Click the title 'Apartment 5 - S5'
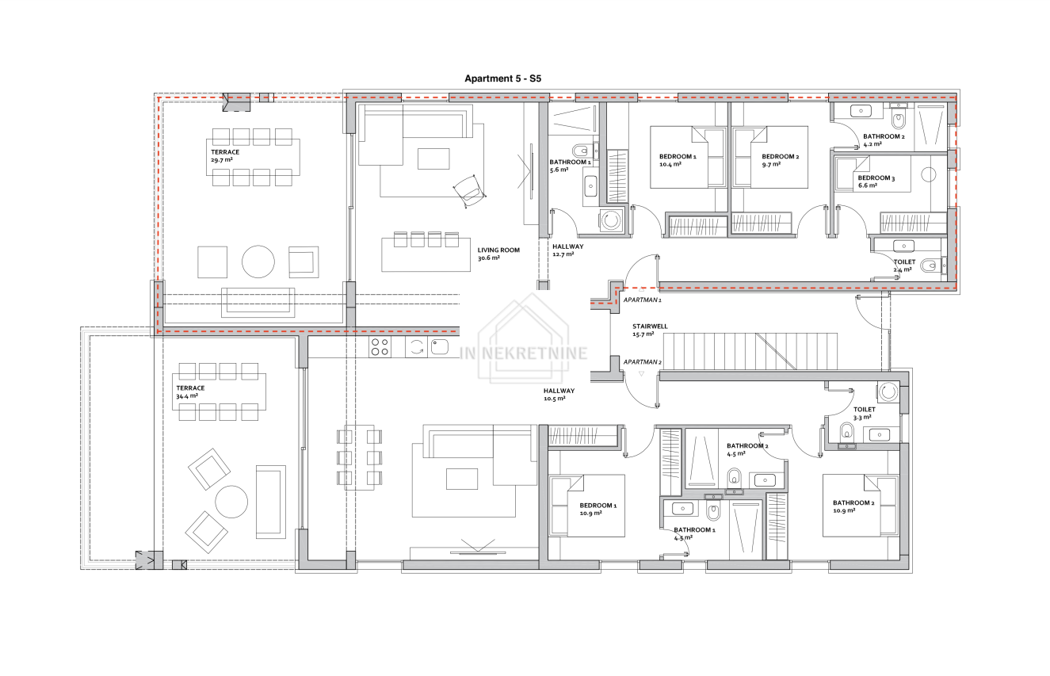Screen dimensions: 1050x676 tap(502, 78)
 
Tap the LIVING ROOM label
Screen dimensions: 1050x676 tap(498, 250)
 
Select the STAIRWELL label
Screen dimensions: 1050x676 tap(650, 327)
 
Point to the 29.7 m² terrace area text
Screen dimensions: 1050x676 tap(222, 160)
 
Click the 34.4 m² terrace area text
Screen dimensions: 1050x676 tap(187, 396)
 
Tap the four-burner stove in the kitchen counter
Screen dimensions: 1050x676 tap(380, 347)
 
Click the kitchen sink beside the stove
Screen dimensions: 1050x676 tap(439, 347)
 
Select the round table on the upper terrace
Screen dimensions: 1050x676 tap(258, 262)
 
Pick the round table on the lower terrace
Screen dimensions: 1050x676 tap(231, 502)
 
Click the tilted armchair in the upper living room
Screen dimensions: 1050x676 tap(470, 191)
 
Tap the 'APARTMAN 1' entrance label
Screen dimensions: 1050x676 tap(642, 300)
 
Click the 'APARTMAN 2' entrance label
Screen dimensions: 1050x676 tap(642, 362)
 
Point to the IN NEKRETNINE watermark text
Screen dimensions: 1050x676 tap(523, 353)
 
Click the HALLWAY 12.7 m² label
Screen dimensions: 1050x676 tap(567, 250)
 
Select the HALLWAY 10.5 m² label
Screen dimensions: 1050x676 tap(559, 395)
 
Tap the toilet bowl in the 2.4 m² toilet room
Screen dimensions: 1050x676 tap(930, 266)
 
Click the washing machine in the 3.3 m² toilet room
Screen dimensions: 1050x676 tap(888, 392)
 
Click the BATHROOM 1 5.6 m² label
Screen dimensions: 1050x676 tap(570, 166)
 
